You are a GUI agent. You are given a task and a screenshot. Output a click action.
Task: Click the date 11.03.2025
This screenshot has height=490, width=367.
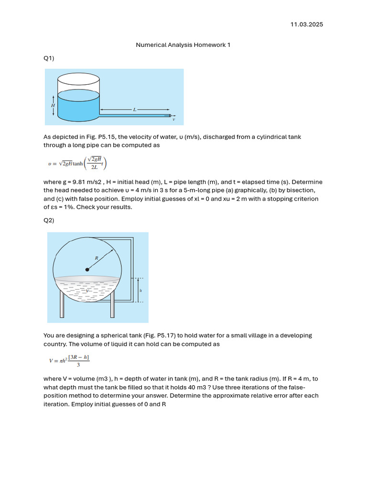point(307,24)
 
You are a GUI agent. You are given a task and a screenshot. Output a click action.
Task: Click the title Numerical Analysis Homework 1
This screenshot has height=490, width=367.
point(183,45)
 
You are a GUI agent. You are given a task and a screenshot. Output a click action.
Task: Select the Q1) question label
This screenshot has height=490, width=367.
point(49,58)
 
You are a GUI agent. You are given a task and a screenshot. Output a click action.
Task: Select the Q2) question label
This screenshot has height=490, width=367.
point(49,220)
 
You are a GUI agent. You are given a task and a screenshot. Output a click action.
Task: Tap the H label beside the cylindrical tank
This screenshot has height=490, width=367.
point(53,105)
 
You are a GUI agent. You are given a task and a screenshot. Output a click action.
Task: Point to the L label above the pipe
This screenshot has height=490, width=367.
point(135,110)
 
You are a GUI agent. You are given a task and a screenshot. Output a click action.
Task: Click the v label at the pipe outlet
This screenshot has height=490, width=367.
point(173,120)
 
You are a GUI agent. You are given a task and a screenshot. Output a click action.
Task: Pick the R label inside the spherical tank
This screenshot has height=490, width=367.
point(97,257)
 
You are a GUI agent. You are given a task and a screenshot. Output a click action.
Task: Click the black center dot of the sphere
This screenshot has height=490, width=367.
point(87,270)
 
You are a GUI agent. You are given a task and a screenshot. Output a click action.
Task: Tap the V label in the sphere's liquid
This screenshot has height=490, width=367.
point(86,290)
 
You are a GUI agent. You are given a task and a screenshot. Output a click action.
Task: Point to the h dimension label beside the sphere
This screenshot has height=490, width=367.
point(140,290)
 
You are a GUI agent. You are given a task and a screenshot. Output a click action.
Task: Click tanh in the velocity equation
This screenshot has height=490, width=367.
point(77,164)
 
